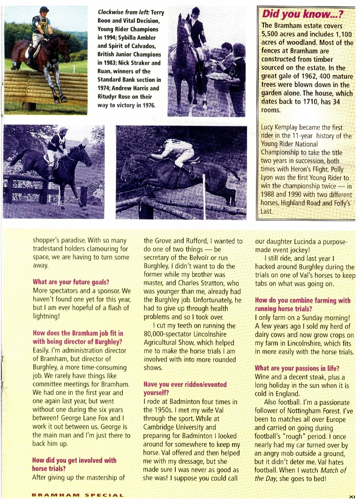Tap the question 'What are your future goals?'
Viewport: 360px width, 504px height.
point(71,282)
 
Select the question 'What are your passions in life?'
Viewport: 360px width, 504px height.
point(297,368)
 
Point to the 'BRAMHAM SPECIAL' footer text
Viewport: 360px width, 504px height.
point(78,495)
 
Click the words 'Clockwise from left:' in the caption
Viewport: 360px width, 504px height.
point(124,13)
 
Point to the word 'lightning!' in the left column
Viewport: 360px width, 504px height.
point(46,316)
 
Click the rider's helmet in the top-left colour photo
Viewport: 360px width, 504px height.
point(44,9)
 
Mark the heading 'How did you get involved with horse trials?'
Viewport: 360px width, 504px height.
point(74,464)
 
